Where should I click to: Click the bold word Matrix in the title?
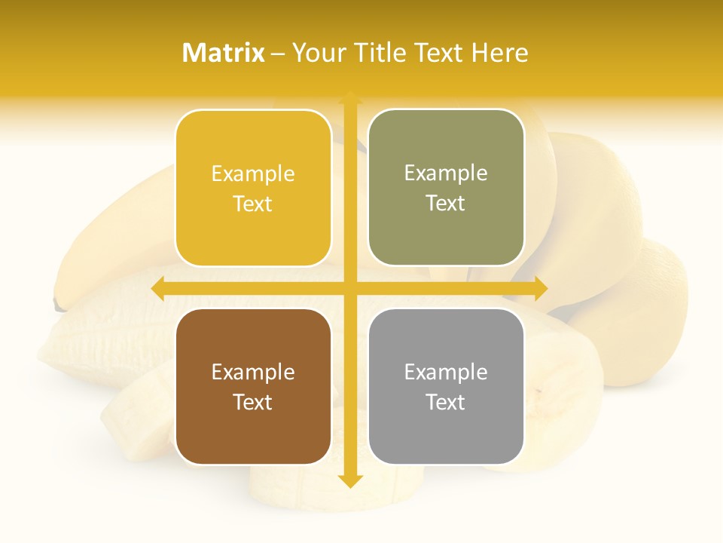click(x=224, y=53)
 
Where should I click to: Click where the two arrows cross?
click(x=349, y=288)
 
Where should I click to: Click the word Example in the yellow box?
click(x=253, y=174)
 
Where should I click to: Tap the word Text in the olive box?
click(x=446, y=204)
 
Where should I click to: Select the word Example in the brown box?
click(x=253, y=373)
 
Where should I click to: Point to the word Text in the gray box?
click(x=446, y=402)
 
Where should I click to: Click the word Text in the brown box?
click(x=253, y=402)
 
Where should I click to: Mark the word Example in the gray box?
click(x=446, y=373)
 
